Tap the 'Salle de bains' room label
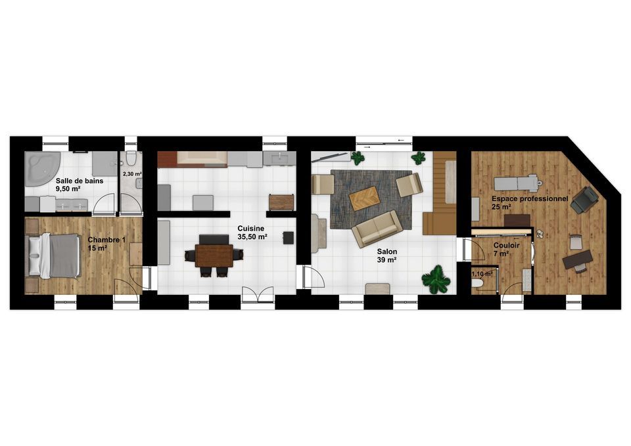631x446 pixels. pyautogui.click(x=80, y=181)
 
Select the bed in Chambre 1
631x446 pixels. pyautogui.click(x=53, y=256)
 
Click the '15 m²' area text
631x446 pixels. pyautogui.click(x=97, y=248)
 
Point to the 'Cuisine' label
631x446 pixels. pyautogui.click(x=250, y=229)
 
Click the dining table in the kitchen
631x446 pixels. pyautogui.click(x=214, y=256)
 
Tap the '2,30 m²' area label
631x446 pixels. pyautogui.click(x=132, y=174)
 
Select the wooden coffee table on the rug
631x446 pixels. pyautogui.click(x=365, y=198)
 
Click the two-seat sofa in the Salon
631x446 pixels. pyautogui.click(x=377, y=229)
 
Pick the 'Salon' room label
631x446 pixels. pyautogui.click(x=387, y=252)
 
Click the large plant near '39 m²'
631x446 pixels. pyautogui.click(x=436, y=279)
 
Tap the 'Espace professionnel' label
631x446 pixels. pyautogui.click(x=530, y=198)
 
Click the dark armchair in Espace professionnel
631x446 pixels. pyautogui.click(x=584, y=200)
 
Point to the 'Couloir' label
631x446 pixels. pyautogui.click(x=507, y=245)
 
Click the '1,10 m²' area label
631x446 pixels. pyautogui.click(x=482, y=274)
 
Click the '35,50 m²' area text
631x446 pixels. pyautogui.click(x=252, y=237)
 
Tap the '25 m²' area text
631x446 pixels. pyautogui.click(x=502, y=207)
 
